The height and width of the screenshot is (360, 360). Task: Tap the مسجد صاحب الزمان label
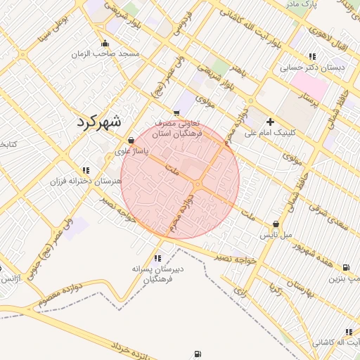110,53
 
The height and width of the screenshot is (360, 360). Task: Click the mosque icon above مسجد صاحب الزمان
105,43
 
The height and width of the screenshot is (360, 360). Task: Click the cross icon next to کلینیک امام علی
270,122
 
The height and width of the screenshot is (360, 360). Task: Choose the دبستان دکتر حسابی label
311,67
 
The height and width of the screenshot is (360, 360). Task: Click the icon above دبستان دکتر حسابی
311,56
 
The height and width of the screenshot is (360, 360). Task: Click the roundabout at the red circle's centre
198,184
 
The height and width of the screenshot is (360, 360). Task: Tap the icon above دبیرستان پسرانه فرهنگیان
157,258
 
